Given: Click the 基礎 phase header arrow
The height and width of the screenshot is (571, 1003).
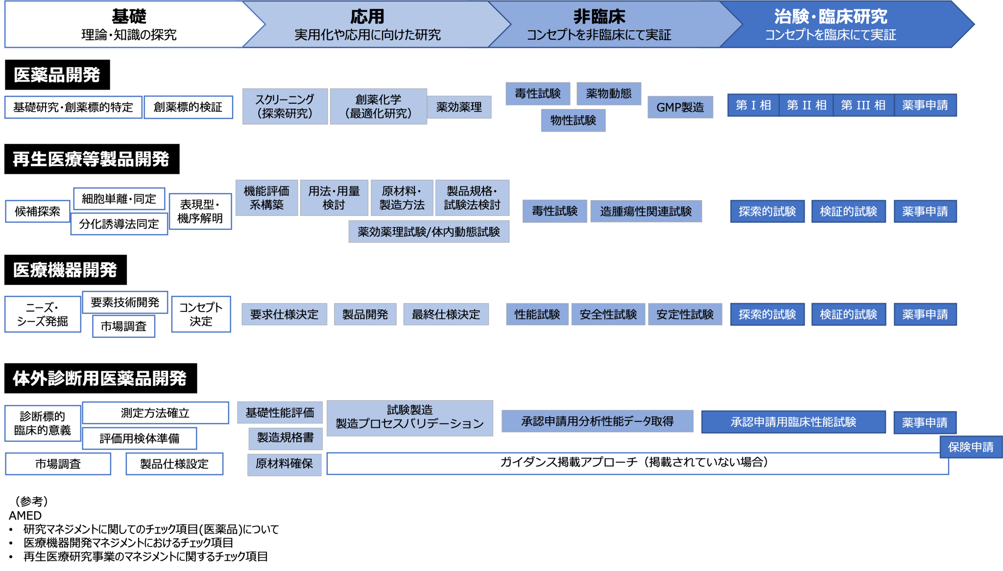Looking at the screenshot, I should pos(128,24).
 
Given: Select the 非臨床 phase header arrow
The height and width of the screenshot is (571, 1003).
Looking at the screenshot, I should pos(599,24).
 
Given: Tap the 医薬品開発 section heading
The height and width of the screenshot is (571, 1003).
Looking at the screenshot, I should pos(57,75).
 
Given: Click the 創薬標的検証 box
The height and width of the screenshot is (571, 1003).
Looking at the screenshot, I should pos(188,107).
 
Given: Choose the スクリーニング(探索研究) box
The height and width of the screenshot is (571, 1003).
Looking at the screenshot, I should pos(285,106).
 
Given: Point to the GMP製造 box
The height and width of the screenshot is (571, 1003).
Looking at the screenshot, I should pos(680,107).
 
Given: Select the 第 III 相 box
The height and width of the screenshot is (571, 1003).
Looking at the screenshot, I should pos(863,105).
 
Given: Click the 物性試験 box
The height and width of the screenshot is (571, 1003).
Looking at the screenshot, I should pos(573,120).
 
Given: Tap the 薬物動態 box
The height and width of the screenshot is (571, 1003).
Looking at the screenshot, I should pos(608,94).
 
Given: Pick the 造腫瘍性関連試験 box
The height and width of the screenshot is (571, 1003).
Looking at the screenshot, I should pos(645,212).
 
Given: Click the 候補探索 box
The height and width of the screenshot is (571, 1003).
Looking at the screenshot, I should pos(37,212).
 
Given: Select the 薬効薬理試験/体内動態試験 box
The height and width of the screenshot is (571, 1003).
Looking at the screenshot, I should pos(429,232).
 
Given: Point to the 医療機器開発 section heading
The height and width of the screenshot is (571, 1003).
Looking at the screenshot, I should pos(65,270).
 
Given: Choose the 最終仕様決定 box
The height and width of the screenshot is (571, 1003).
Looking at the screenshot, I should pos(446,314).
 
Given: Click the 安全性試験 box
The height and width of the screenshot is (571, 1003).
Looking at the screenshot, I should pos(608,314).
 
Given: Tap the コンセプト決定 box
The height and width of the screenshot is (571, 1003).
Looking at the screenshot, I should pos(201,314).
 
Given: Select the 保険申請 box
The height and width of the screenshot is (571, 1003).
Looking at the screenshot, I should pos(970,447).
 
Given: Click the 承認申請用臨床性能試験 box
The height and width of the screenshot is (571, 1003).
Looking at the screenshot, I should pos(793,422).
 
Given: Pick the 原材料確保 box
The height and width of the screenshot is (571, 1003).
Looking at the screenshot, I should pos(284,464).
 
